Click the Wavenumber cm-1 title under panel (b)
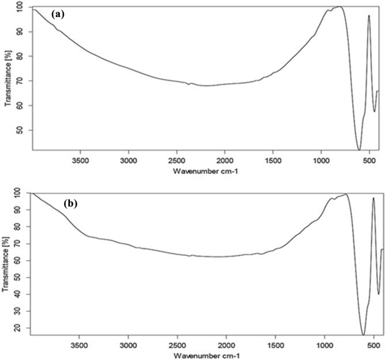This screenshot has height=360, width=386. click(x=205, y=355)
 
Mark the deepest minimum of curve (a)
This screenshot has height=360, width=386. click(x=359, y=149)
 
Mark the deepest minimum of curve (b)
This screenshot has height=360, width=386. click(x=364, y=335)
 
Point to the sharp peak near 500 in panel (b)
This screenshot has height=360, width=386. click(x=373, y=198)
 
